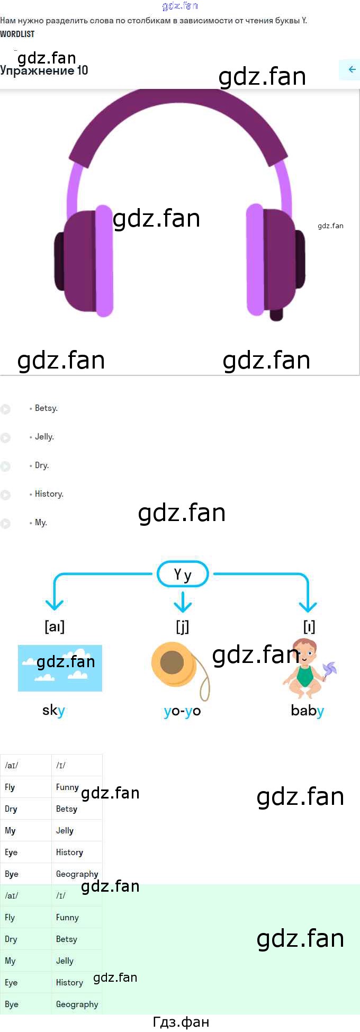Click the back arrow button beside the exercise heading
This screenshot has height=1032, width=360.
[x=352, y=69]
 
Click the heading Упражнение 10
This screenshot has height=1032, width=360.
[x=44, y=70]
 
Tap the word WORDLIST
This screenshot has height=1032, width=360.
[x=17, y=34]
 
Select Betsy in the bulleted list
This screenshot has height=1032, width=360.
[x=46, y=408]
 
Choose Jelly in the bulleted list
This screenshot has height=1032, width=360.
[x=44, y=437]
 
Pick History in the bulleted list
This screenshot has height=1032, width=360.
[x=49, y=494]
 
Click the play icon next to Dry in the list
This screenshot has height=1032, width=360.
[x=6, y=466]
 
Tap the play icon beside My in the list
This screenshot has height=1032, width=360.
[x=6, y=523]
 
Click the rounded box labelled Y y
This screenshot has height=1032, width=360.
[x=183, y=574]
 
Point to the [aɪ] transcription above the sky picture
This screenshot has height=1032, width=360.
[x=55, y=626]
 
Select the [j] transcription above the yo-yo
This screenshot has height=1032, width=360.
[x=183, y=626]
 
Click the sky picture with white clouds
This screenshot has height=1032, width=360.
[x=60, y=668]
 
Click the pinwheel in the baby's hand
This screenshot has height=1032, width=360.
[x=329, y=670]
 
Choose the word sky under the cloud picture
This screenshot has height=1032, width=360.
[x=53, y=711]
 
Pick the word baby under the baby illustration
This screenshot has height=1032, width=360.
[x=308, y=711]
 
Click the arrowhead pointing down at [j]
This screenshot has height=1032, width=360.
[x=183, y=604]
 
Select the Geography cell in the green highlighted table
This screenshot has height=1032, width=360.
[x=77, y=1004]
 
